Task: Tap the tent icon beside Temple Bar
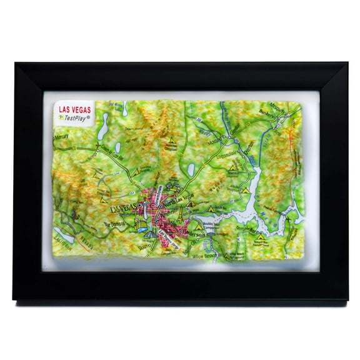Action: pos(262,237)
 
